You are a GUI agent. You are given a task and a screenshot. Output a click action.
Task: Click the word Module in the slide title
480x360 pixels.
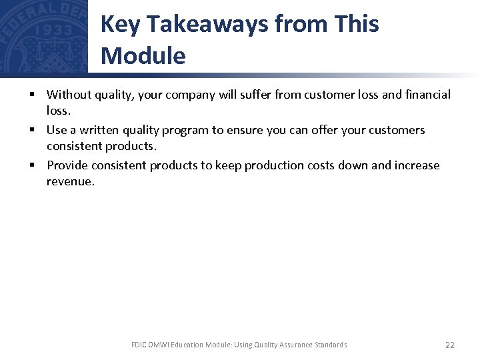[x=143, y=56]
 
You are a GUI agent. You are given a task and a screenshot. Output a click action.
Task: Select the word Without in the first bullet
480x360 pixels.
[x=71, y=95]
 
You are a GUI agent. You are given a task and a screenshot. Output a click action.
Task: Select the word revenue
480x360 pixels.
[x=71, y=181]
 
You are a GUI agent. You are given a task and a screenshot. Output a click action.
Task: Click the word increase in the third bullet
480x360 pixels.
[x=416, y=165]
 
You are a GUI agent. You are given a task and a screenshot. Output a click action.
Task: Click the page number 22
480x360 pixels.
[x=449, y=345]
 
